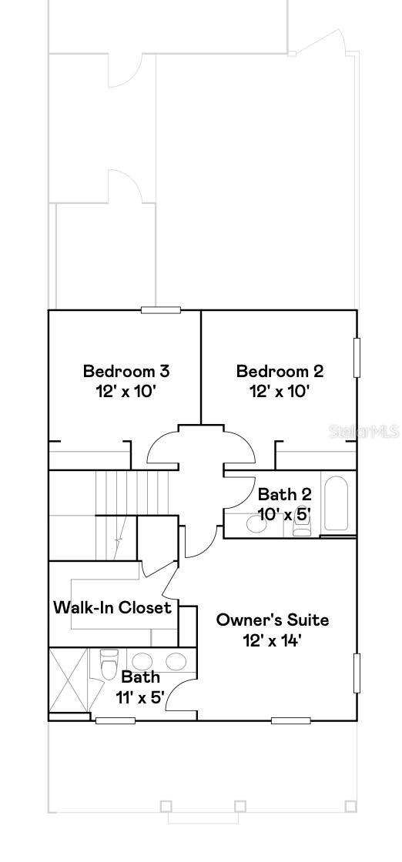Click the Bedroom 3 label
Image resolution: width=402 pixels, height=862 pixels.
click(x=126, y=372)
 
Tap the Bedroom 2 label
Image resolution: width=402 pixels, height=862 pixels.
click(x=280, y=372)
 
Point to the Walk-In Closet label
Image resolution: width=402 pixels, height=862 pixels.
click(x=112, y=607)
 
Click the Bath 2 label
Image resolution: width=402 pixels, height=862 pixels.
click(x=284, y=494)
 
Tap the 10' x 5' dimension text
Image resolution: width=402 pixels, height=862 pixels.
click(x=284, y=513)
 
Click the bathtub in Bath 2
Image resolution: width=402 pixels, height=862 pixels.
click(x=337, y=504)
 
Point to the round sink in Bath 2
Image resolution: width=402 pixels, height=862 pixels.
click(x=254, y=525)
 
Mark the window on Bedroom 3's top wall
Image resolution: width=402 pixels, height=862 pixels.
click(x=161, y=310)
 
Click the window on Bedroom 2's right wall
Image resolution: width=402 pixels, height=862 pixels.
click(x=357, y=357)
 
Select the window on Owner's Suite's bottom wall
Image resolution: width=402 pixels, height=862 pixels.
click(x=291, y=720)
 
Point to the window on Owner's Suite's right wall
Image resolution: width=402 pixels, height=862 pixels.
click(x=357, y=673)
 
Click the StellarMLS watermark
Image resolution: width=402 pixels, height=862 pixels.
click(x=365, y=431)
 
